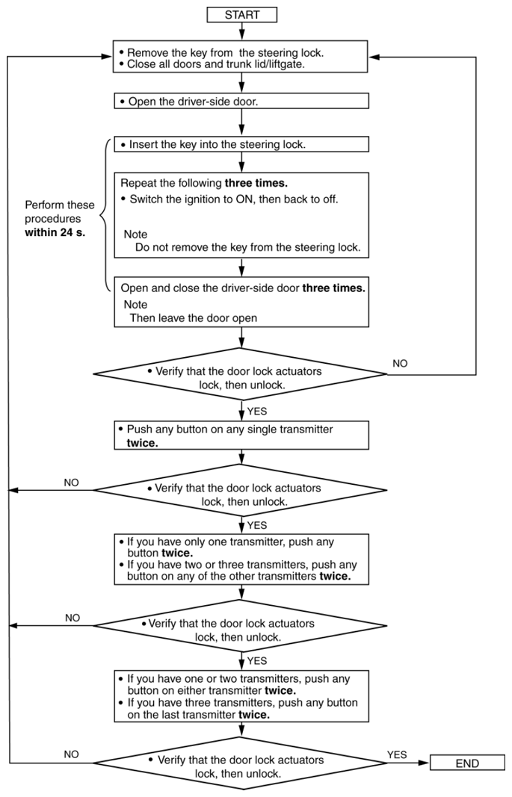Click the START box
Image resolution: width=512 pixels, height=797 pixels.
[x=242, y=15]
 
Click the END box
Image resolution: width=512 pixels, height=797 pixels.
[x=467, y=763]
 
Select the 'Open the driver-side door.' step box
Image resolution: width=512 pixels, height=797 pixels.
[x=241, y=101]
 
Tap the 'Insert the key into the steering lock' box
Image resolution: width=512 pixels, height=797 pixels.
[x=241, y=144]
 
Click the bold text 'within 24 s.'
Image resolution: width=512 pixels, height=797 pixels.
[x=55, y=233]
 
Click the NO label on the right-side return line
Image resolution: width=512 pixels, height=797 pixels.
[x=400, y=364]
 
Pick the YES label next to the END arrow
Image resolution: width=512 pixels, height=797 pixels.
[x=397, y=755]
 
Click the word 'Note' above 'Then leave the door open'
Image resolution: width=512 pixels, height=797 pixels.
[x=135, y=305]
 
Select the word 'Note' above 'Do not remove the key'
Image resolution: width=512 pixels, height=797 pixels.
[x=135, y=235]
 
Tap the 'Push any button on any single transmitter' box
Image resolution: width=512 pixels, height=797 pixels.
[x=241, y=435]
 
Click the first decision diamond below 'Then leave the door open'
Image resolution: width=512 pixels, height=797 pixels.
[x=241, y=375]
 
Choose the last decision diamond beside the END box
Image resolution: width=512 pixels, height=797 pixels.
[x=239, y=763]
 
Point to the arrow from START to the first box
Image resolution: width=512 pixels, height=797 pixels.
[x=242, y=31]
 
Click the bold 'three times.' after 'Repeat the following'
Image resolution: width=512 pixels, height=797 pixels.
[x=256, y=183]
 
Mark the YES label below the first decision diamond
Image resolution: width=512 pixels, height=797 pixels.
[x=257, y=412]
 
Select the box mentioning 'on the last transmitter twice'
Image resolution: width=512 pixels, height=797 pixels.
[x=241, y=696]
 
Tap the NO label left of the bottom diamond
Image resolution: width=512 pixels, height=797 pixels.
[x=72, y=754]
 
